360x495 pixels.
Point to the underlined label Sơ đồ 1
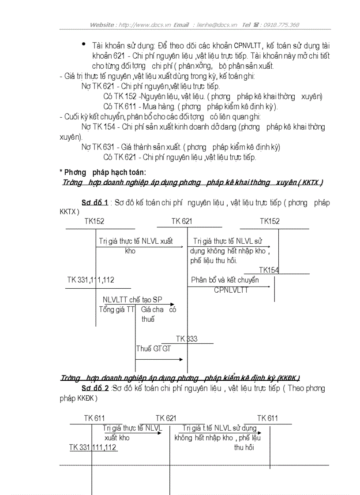click(95, 203)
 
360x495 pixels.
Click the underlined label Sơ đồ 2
click(95, 388)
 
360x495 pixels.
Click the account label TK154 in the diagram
click(269, 270)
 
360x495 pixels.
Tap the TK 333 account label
click(187, 339)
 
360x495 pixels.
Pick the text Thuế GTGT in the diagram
click(154, 349)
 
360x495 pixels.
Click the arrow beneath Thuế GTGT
click(159, 360)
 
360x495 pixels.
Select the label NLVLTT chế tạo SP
click(132, 300)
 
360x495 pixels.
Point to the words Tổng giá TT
click(116, 309)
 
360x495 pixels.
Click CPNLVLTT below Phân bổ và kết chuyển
click(231, 290)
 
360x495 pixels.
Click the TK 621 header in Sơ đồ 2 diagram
click(166, 418)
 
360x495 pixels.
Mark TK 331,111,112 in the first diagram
click(90, 280)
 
